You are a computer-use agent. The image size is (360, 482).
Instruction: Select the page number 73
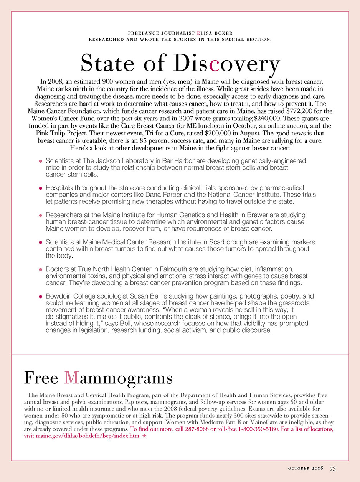pyautogui.click(x=333, y=469)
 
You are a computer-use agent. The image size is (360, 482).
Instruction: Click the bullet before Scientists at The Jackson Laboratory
pyautogui.click(x=40, y=161)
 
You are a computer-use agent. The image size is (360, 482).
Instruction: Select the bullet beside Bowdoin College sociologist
pyautogui.click(x=40, y=297)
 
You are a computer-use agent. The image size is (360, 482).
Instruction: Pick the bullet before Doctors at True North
pyautogui.click(x=40, y=269)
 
